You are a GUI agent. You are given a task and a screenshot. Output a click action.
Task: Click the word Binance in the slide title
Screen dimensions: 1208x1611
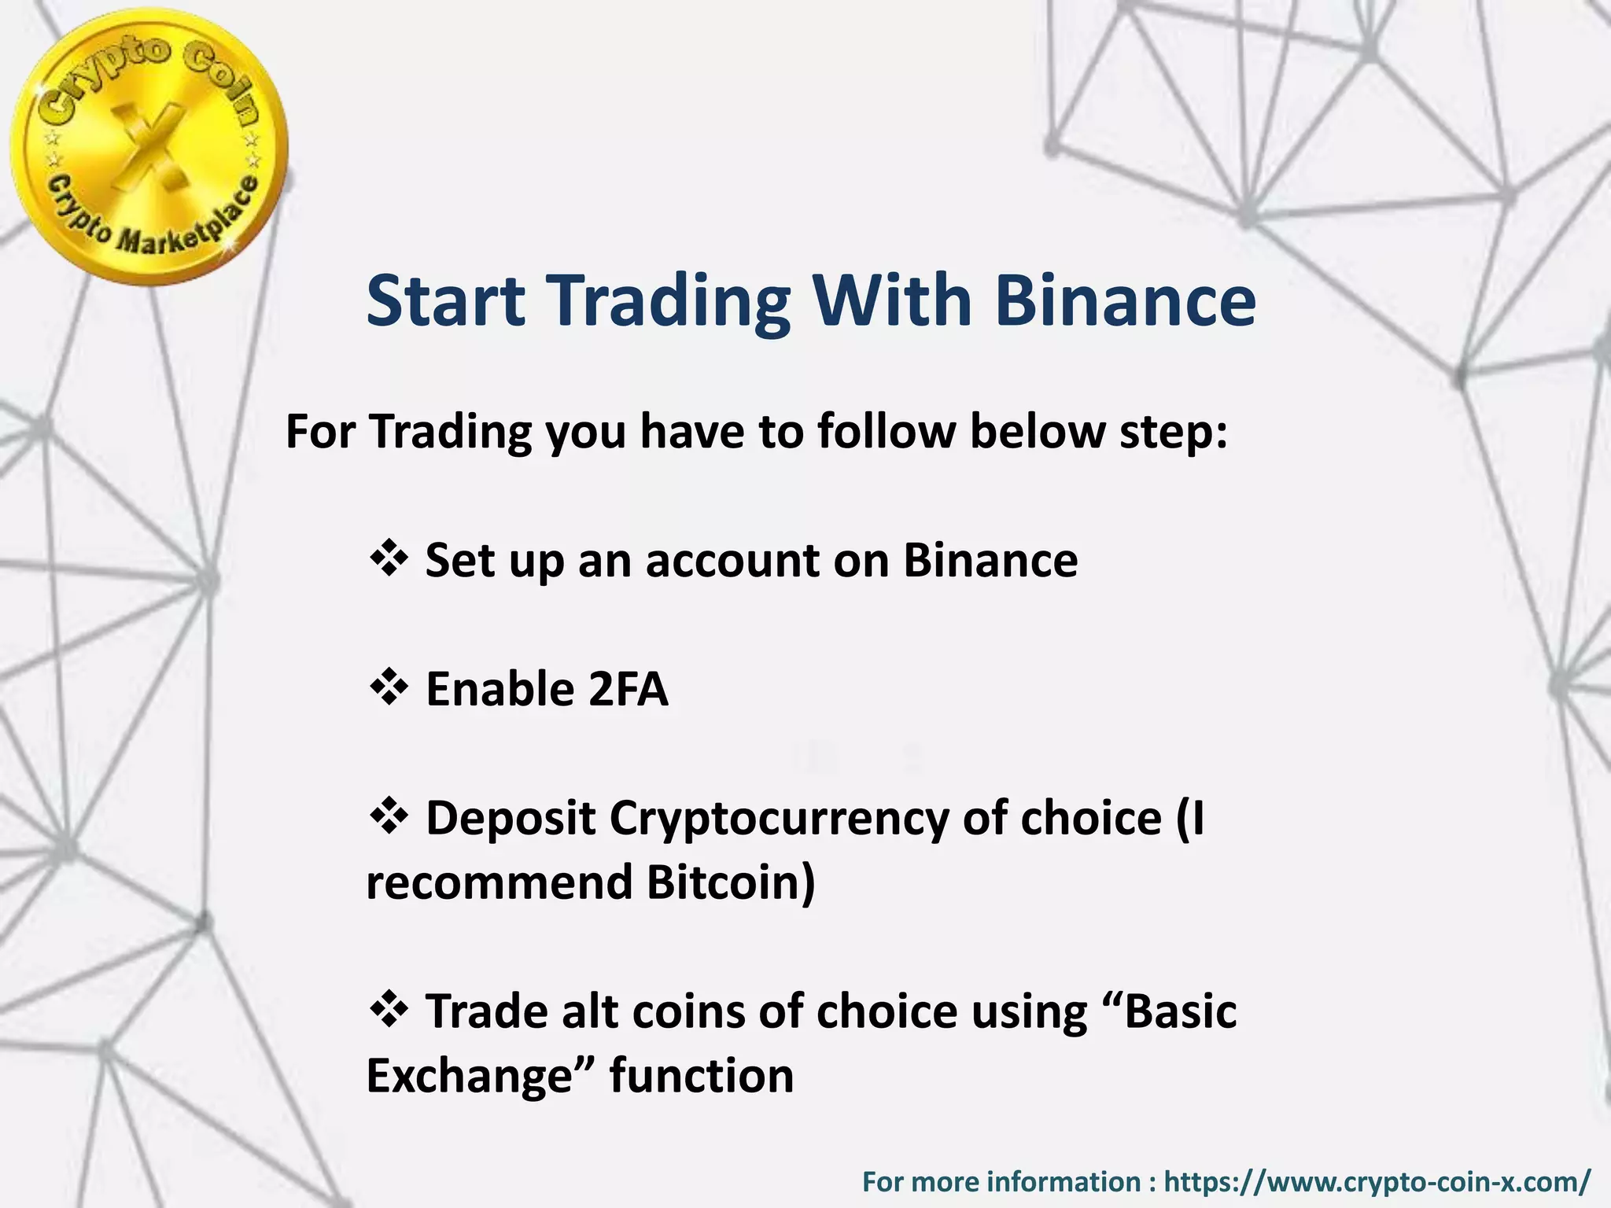(1125, 301)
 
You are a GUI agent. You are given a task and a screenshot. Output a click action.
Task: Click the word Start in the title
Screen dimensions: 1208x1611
(445, 301)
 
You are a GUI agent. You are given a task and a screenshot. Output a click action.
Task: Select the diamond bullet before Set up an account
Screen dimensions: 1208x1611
(388, 559)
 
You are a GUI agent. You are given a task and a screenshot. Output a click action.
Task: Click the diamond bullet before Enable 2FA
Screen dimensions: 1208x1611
(388, 688)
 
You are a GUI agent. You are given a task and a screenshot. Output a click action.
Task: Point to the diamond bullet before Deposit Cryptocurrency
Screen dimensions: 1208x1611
(388, 816)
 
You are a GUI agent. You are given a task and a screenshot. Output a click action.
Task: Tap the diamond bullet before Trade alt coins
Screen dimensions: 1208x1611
(388, 1009)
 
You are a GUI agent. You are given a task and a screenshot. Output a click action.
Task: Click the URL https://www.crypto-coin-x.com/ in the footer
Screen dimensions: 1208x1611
(1377, 1181)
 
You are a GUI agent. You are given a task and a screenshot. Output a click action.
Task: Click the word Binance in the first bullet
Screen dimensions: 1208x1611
(990, 561)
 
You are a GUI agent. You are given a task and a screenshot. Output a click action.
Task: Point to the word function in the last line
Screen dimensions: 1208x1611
(701, 1076)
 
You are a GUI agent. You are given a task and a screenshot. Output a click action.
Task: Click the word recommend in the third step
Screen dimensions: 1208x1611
(500, 882)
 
